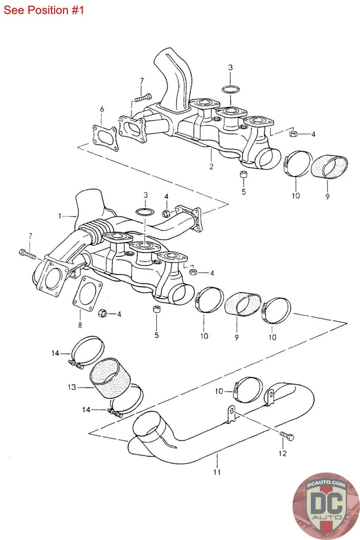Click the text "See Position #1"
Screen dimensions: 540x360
click(x=43, y=10)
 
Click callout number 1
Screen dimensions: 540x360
click(x=60, y=215)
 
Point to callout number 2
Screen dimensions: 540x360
click(x=211, y=166)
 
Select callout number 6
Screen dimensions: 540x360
click(x=102, y=109)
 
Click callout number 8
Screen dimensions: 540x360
click(x=79, y=325)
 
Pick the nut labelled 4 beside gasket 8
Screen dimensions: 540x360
click(x=103, y=313)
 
